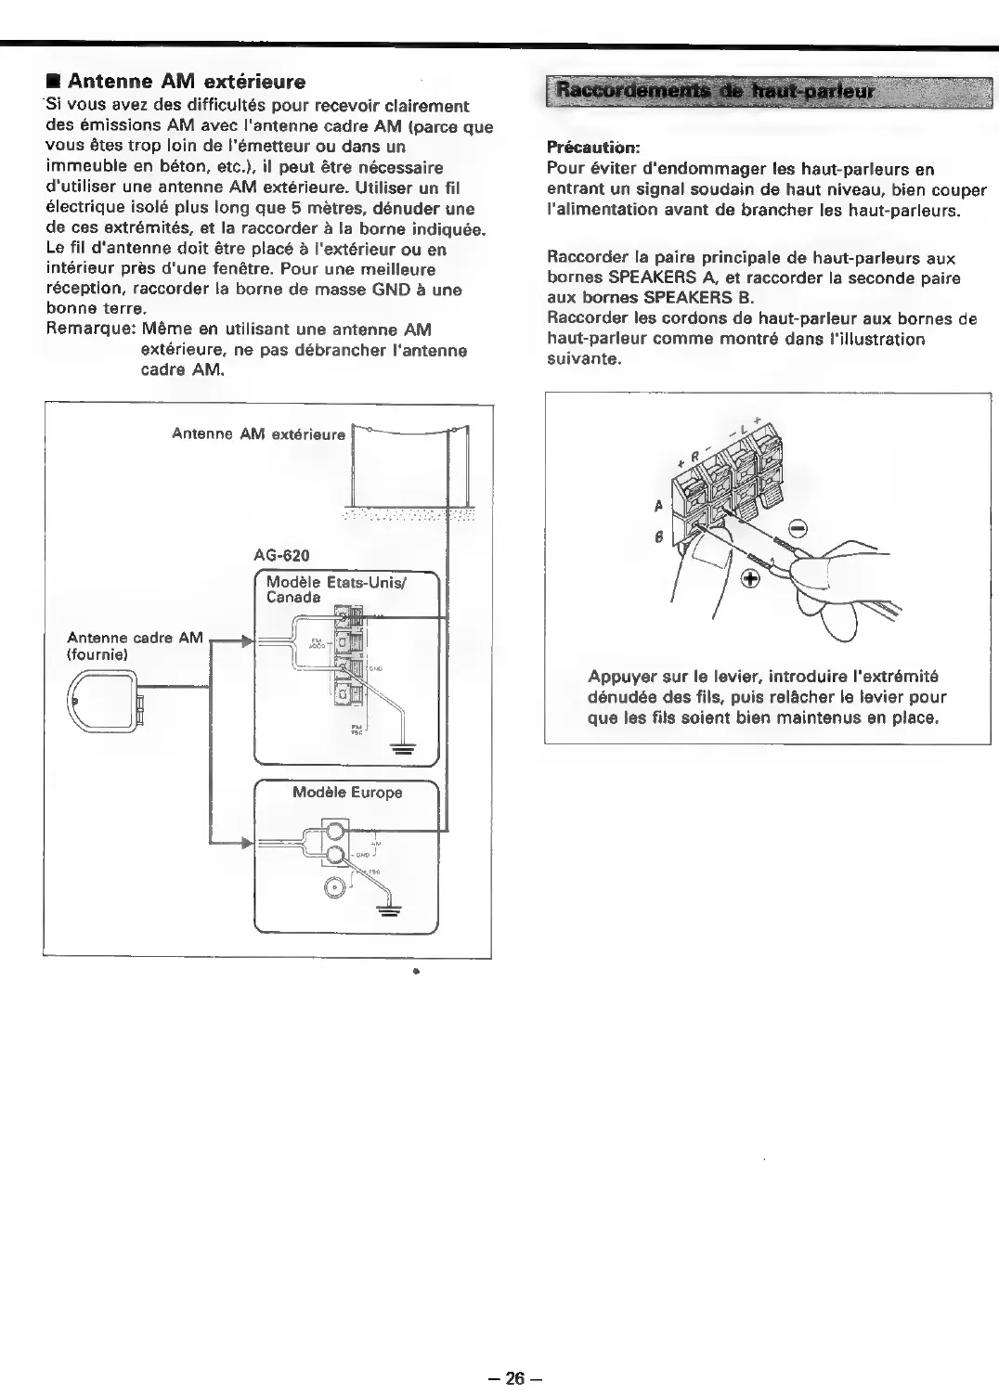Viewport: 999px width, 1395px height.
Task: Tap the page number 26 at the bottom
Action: coord(510,1378)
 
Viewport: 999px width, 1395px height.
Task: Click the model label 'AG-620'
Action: coord(281,555)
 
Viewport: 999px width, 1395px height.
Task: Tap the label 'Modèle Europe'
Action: coord(347,793)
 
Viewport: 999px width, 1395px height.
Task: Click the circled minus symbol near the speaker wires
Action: coord(798,530)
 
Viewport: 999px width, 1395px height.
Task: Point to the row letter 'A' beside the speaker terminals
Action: coord(658,507)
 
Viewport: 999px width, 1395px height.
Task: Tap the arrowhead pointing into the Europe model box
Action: coord(246,843)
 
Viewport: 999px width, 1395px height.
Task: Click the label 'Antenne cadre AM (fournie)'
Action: coord(135,646)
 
